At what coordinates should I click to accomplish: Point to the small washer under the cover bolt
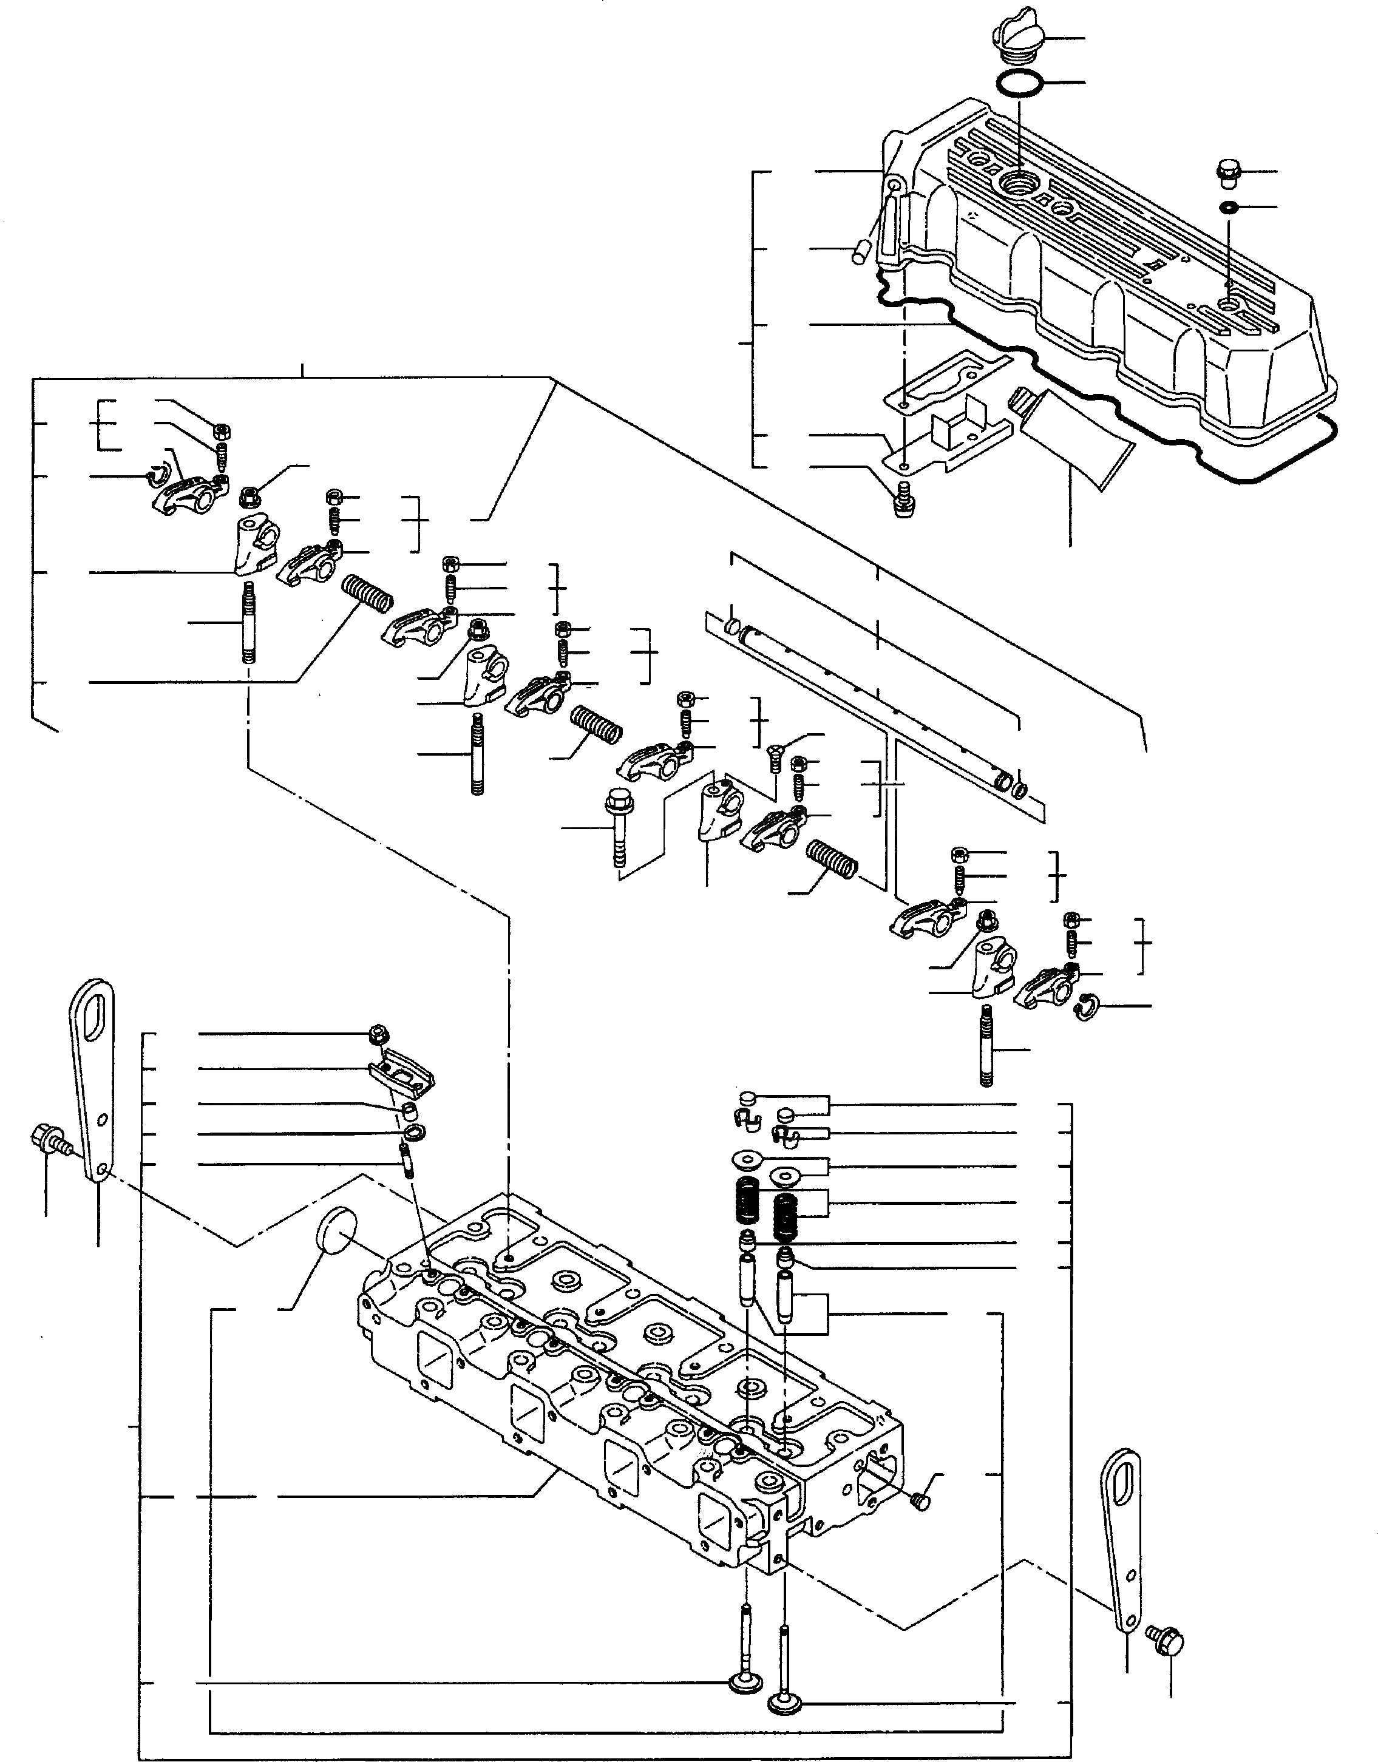(1228, 208)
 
